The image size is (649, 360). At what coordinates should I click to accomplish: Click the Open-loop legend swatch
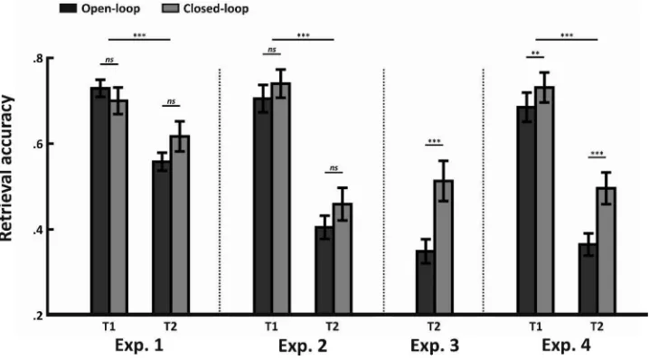click(x=68, y=8)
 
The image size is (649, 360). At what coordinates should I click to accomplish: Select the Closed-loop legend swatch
click(x=171, y=8)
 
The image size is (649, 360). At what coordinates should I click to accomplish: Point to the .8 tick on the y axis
click(x=50, y=58)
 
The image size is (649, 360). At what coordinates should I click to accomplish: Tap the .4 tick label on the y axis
click(x=38, y=230)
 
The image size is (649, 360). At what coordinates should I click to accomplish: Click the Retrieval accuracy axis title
click(x=6, y=168)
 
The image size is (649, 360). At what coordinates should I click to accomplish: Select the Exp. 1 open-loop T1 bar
click(x=100, y=201)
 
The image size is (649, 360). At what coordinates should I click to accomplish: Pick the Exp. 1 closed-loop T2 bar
click(x=180, y=225)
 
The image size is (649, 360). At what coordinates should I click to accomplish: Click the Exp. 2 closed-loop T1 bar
click(x=281, y=199)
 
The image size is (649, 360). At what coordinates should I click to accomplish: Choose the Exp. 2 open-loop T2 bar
click(x=324, y=270)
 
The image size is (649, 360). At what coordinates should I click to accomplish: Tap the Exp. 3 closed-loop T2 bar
click(x=443, y=247)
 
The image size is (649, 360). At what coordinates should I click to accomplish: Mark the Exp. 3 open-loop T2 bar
click(x=425, y=282)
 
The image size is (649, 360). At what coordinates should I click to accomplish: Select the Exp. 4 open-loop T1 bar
click(x=526, y=211)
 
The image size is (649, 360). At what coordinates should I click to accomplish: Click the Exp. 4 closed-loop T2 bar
click(x=607, y=251)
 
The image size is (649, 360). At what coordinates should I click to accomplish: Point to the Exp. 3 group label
click(x=435, y=346)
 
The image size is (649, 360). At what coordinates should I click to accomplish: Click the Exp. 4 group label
click(x=566, y=346)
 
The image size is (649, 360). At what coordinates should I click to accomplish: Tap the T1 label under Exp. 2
click(x=271, y=327)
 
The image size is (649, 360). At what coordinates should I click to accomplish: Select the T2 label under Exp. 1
click(x=170, y=327)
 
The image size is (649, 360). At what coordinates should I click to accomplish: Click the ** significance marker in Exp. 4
click(x=535, y=53)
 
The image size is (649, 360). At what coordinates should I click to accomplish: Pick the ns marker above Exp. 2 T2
click(x=334, y=167)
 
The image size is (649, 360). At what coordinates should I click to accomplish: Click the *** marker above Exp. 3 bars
click(x=434, y=142)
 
